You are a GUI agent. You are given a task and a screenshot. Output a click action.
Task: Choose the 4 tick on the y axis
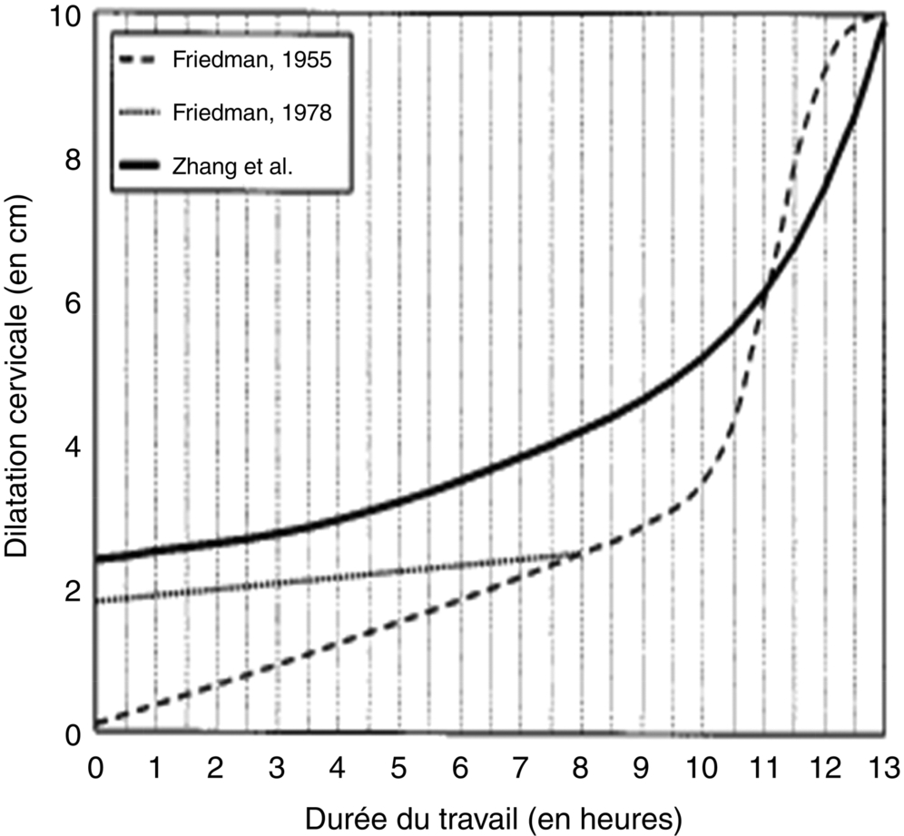pos(74,447)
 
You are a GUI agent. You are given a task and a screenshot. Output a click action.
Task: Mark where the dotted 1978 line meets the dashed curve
pos(577,553)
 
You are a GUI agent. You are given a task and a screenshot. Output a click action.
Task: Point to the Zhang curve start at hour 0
pos(95,558)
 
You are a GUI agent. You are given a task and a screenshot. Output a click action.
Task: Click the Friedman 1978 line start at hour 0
pos(95,601)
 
